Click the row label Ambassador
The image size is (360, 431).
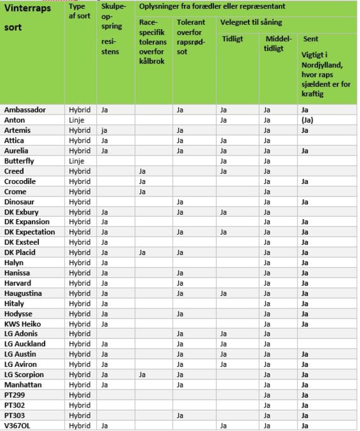point(25,110)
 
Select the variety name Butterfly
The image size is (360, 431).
point(19,161)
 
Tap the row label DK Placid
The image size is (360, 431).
point(20,253)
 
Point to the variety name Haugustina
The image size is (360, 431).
point(23,293)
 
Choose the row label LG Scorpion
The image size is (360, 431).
point(24,375)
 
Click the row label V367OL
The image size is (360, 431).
point(17,426)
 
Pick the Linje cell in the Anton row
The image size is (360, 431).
point(77,120)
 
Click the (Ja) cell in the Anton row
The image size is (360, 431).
point(308,120)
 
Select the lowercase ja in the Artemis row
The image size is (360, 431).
point(104,130)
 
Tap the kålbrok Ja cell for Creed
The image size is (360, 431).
point(142,172)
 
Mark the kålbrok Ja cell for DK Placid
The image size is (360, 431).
point(142,253)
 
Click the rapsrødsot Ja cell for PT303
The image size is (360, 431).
point(180,416)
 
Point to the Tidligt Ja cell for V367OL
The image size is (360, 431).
point(223,426)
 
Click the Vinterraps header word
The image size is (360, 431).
point(28,8)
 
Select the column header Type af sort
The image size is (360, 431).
point(80,11)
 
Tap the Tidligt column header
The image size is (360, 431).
point(232,39)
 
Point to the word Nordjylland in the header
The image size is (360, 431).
point(322,65)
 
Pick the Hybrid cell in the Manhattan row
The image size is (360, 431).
point(79,385)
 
